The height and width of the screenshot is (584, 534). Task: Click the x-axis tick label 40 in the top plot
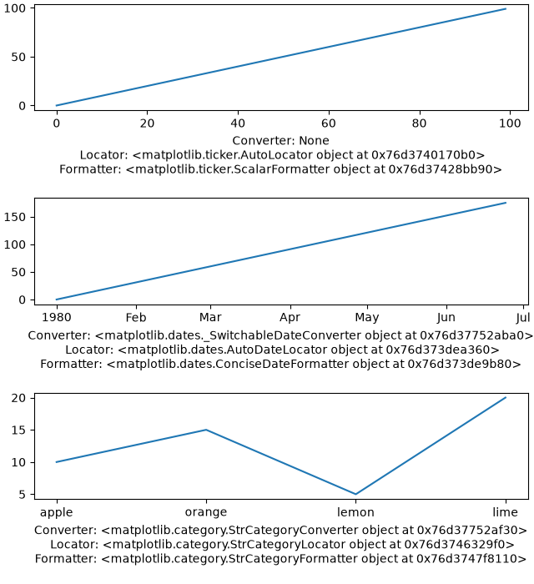pos(238,123)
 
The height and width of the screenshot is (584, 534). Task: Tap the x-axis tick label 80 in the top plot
pos(420,123)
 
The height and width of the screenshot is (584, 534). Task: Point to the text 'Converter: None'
pos(281,141)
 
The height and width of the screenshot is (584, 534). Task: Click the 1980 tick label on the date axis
pos(57,317)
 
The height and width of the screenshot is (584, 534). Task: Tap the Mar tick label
pos(210,317)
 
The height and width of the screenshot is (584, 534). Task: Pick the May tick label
pos(367,318)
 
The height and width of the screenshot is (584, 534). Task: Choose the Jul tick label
pos(523,317)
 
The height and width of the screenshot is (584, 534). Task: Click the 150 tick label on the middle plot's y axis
pos(15,217)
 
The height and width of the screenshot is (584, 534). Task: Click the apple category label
pos(56,512)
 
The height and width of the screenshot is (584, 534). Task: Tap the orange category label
pos(206,512)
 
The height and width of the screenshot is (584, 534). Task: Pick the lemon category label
pos(355,512)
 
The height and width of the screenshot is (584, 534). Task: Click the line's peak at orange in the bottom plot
pos(206,430)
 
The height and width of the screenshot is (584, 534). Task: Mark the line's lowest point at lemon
pos(355,494)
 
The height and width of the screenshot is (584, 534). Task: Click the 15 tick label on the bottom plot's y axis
pos(18,430)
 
